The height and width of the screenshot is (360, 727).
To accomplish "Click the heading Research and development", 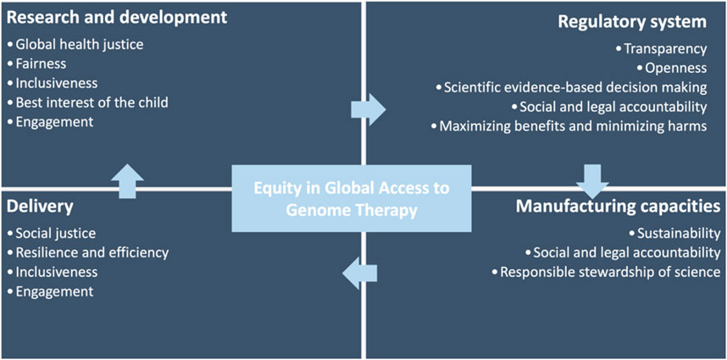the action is pos(116,18).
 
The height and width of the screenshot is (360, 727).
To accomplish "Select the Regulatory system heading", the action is pos(632,22).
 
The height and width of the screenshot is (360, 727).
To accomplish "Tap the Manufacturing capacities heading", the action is pos(618,207).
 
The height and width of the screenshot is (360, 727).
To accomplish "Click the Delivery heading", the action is pos(40,207).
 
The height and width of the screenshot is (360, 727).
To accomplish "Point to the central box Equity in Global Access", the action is pos(352,198).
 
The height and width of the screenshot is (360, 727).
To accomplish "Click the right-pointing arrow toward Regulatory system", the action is pos(368,109).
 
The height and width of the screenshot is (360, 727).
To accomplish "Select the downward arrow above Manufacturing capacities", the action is pos(592,181).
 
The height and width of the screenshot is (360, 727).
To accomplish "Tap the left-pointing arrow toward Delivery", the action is pos(359,273).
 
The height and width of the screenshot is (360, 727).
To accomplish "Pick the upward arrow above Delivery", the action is pos(127,181).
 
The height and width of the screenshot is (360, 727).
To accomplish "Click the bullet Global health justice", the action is pos(76,45).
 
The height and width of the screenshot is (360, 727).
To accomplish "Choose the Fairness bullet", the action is pos(37,64).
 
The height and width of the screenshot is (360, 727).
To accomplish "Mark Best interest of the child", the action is pos(88,102).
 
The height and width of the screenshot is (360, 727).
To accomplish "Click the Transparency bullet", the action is pos(662,48).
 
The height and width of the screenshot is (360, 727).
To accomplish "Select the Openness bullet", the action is pos(672,68).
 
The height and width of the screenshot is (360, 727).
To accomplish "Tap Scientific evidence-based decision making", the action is pos(572,87).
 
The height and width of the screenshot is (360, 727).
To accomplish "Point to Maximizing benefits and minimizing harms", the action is pos(569,126).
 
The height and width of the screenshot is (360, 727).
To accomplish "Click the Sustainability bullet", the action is pos(674,234).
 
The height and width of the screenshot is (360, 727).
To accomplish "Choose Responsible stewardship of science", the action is pos(606,272).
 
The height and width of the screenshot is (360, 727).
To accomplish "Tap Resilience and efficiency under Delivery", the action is pos(89,253).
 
